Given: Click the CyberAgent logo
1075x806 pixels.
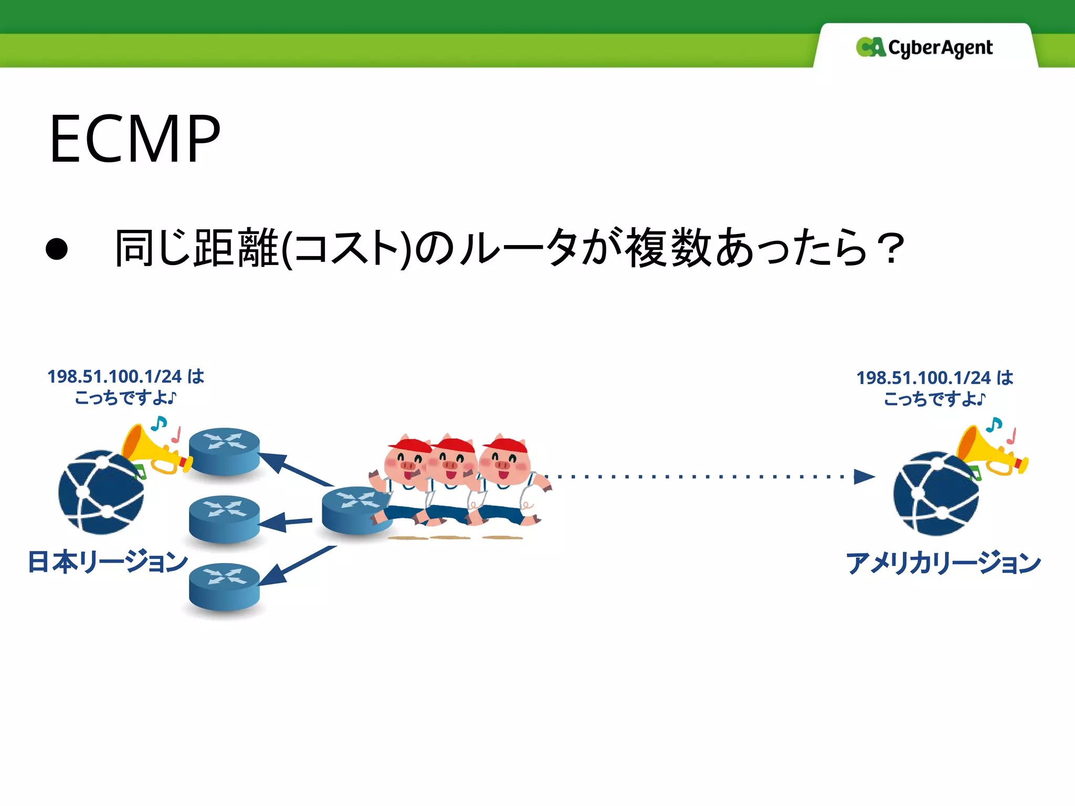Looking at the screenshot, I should click(x=924, y=47).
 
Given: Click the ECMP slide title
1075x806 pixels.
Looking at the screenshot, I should click(x=135, y=140).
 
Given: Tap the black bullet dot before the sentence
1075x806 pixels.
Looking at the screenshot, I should click(x=57, y=249).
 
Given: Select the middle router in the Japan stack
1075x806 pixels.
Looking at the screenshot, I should click(x=225, y=518).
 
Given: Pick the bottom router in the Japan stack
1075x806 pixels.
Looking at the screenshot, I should click(x=225, y=587).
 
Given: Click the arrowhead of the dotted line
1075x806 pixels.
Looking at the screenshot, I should click(x=863, y=476).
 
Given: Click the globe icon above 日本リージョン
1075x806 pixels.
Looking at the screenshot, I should click(x=101, y=492).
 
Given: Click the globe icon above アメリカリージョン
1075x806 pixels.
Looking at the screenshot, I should click(x=936, y=493).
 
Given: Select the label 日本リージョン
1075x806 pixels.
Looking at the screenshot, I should click(x=108, y=561).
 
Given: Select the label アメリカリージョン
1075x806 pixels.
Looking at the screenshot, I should click(x=943, y=563).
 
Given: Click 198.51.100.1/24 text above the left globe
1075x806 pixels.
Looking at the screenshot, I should click(x=114, y=376).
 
